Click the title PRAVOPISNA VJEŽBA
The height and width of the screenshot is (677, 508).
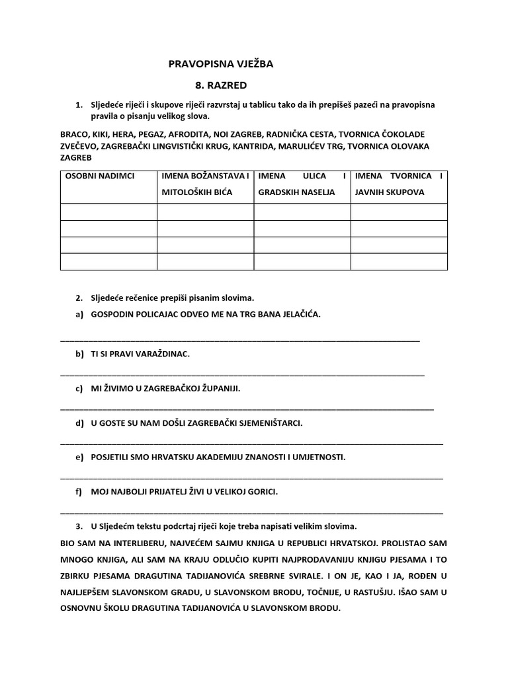pyautogui.click(x=220, y=64)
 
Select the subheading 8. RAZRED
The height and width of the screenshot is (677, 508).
pyautogui.click(x=220, y=85)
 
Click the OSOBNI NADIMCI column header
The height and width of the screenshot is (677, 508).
pyautogui.click(x=99, y=176)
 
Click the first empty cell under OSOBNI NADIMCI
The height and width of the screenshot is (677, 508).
pyautogui.click(x=108, y=212)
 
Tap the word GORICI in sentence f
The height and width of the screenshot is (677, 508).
pyautogui.click(x=259, y=492)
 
